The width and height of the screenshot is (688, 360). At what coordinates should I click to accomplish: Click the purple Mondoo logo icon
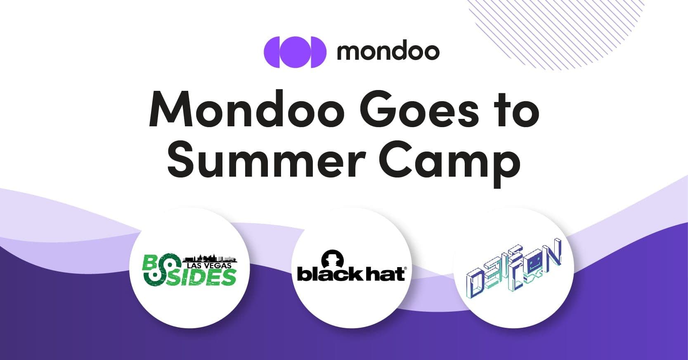(x=295, y=52)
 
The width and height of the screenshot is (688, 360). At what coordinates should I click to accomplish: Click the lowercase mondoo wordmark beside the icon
(x=388, y=52)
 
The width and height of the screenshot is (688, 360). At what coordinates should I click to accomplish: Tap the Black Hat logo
(x=351, y=268)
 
